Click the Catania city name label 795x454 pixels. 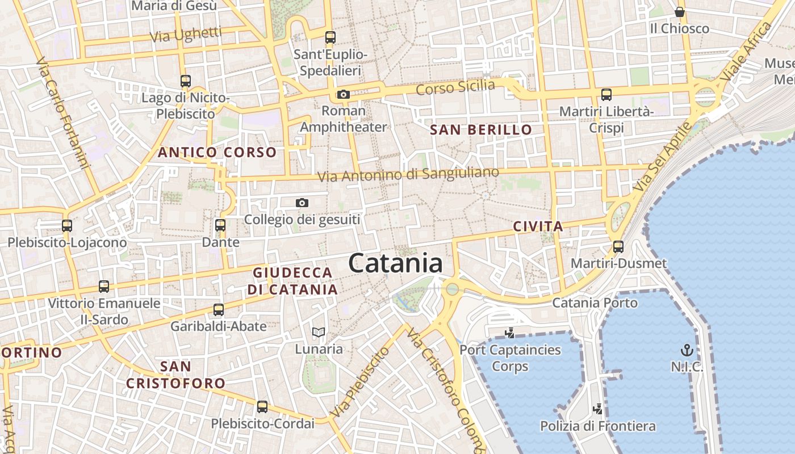pos(395,263)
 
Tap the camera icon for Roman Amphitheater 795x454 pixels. pos(343,94)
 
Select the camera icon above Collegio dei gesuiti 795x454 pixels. pos(302,203)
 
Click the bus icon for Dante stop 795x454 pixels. pos(220,225)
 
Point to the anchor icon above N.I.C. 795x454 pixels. pos(687,350)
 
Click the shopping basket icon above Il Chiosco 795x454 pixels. pos(680,12)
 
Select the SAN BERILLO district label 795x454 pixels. pos(481,130)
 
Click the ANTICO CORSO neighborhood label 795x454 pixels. pos(217,152)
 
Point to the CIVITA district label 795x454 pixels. pos(538,226)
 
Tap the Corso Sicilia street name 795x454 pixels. pos(455,88)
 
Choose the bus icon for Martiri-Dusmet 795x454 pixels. pos(618,247)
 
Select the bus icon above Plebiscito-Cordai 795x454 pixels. pos(262,406)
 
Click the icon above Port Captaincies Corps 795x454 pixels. pos(509,333)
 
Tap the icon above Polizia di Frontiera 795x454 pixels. pos(597,409)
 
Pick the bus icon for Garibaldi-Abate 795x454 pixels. pos(219,309)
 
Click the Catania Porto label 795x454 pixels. pos(595,302)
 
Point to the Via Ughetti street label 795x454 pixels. pos(186,35)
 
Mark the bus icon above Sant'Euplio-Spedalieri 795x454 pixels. pos(330,37)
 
